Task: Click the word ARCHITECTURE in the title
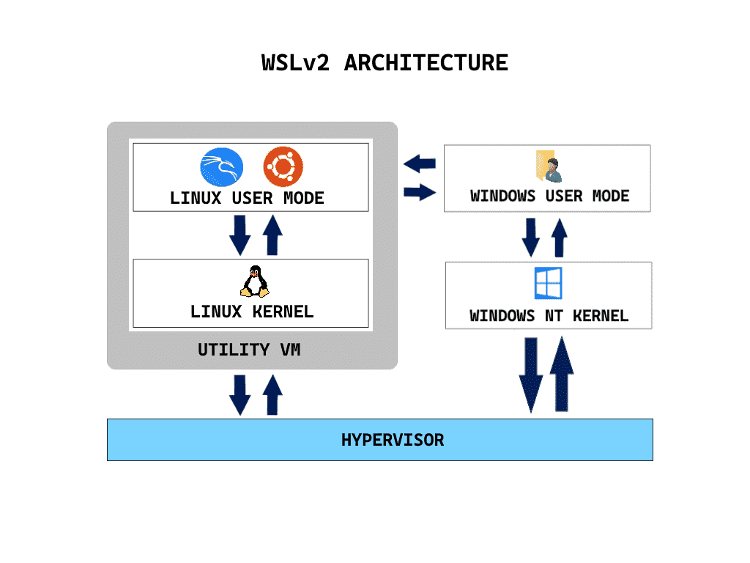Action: (426, 63)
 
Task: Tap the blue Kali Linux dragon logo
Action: (220, 167)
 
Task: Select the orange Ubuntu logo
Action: (283, 167)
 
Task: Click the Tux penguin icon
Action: (253, 281)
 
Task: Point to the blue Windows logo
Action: (548, 284)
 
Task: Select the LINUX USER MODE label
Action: (247, 199)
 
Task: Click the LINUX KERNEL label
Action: (252, 312)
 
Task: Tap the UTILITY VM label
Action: (249, 350)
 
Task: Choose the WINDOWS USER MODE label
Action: (549, 196)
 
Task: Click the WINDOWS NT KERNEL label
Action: (549, 317)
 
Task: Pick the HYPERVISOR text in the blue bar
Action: (393, 441)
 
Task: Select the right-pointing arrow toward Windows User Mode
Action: (420, 193)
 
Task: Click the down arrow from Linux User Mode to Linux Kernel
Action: (240, 235)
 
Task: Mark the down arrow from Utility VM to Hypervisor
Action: (240, 394)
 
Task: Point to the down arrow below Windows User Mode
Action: (531, 237)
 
